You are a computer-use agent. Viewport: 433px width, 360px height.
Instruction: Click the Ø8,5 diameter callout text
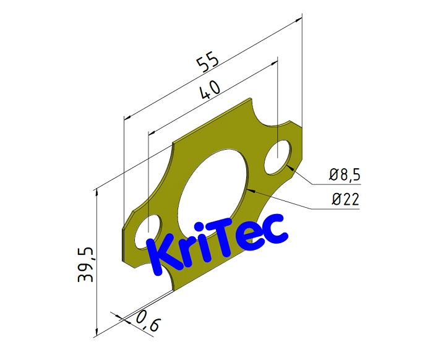click(344, 176)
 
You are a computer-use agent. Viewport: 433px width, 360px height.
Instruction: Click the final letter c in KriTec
click(275, 229)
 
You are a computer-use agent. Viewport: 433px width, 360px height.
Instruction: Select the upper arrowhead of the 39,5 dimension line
click(97, 193)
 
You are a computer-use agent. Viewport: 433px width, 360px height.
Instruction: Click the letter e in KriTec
click(254, 234)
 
